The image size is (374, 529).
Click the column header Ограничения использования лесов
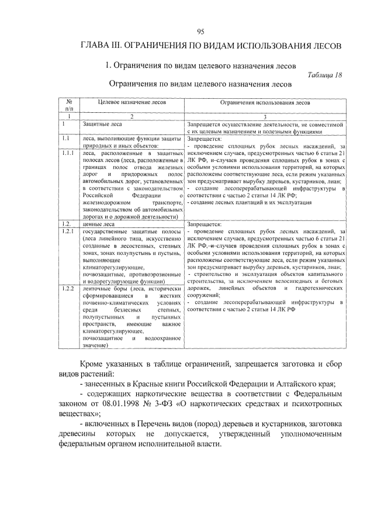(x=265, y=102)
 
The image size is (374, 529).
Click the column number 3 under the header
(x=265, y=117)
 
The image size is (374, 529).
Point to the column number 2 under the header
(x=131, y=117)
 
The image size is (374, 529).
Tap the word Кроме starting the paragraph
(x=96, y=364)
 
